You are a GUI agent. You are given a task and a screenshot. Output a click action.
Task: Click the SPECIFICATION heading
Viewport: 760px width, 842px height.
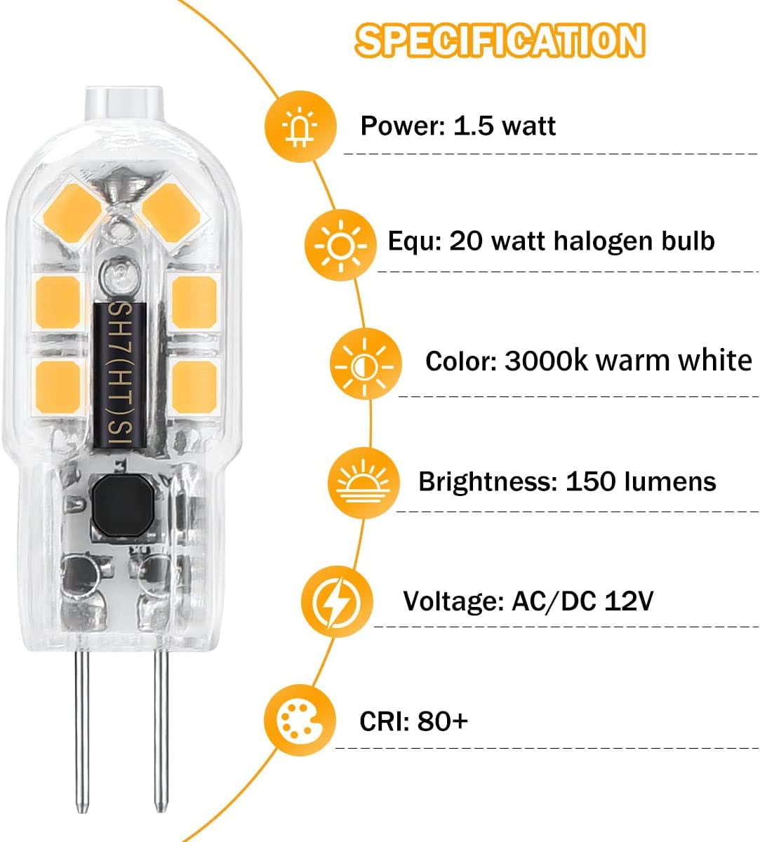pos(499,40)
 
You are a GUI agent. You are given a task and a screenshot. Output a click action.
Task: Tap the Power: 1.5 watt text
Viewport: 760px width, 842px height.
pos(458,126)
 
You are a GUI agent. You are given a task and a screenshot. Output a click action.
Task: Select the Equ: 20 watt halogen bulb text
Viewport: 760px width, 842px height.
pos(551,241)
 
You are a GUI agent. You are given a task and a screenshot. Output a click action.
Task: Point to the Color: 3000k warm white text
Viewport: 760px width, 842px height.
pos(588,361)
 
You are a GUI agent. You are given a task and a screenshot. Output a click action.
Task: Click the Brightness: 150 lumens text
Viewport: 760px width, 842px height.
pos(567,481)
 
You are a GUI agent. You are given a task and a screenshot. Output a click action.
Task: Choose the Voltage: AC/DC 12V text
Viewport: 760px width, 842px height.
pos(528,601)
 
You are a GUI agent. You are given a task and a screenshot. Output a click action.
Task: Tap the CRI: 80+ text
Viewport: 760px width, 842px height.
pos(413,721)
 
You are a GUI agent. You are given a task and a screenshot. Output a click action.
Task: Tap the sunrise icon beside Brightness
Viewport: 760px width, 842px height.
pos(362,483)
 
